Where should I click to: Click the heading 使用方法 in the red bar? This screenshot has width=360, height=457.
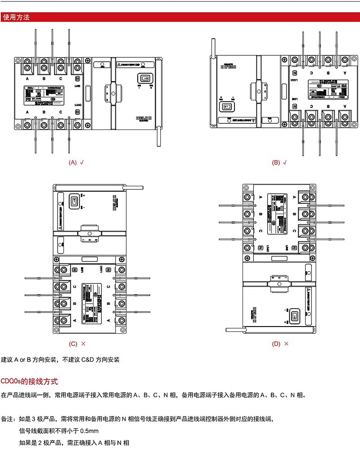(16, 18)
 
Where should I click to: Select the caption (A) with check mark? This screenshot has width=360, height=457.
(76, 162)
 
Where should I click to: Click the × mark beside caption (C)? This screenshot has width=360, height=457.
(83, 344)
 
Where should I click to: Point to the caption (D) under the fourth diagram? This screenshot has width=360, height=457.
(276, 344)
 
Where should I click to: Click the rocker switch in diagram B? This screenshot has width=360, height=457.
(225, 107)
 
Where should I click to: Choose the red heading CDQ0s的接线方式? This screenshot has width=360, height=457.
(30, 381)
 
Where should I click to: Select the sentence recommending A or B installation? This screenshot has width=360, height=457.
(60, 360)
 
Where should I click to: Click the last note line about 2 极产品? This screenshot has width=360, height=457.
(74, 443)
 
